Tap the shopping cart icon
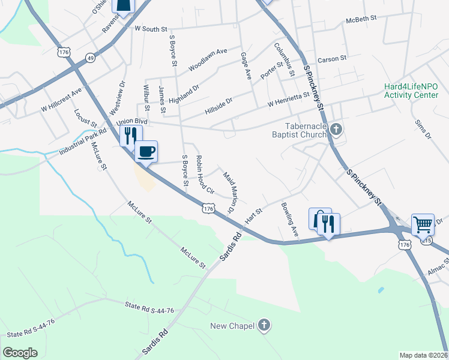[423, 224]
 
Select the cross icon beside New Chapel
[264, 326]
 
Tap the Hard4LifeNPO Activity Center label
[411, 91]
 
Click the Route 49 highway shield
[90, 58]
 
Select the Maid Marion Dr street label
[229, 193]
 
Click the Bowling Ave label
[289, 218]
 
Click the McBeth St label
[361, 19]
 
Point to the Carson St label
[333, 59]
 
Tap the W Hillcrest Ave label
[61, 100]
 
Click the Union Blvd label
[131, 122]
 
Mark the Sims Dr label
[423, 128]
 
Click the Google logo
[20, 353]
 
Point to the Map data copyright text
[423, 355]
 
